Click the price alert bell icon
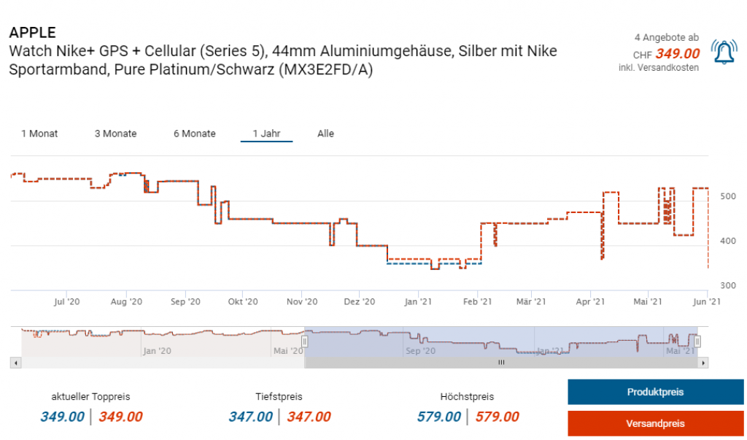(724, 53)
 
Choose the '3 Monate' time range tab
(115, 134)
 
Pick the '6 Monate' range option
(195, 134)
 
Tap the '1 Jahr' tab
(266, 134)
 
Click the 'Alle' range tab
(325, 134)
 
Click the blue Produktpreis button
(655, 392)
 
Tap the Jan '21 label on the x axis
(418, 301)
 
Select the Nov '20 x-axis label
(302, 301)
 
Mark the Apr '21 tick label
(590, 301)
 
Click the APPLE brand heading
(32, 33)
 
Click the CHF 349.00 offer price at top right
(677, 53)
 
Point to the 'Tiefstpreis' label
(279, 397)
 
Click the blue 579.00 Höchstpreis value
(438, 417)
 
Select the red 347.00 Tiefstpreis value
(309, 417)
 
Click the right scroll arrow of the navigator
(703, 362)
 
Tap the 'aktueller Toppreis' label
(90, 397)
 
